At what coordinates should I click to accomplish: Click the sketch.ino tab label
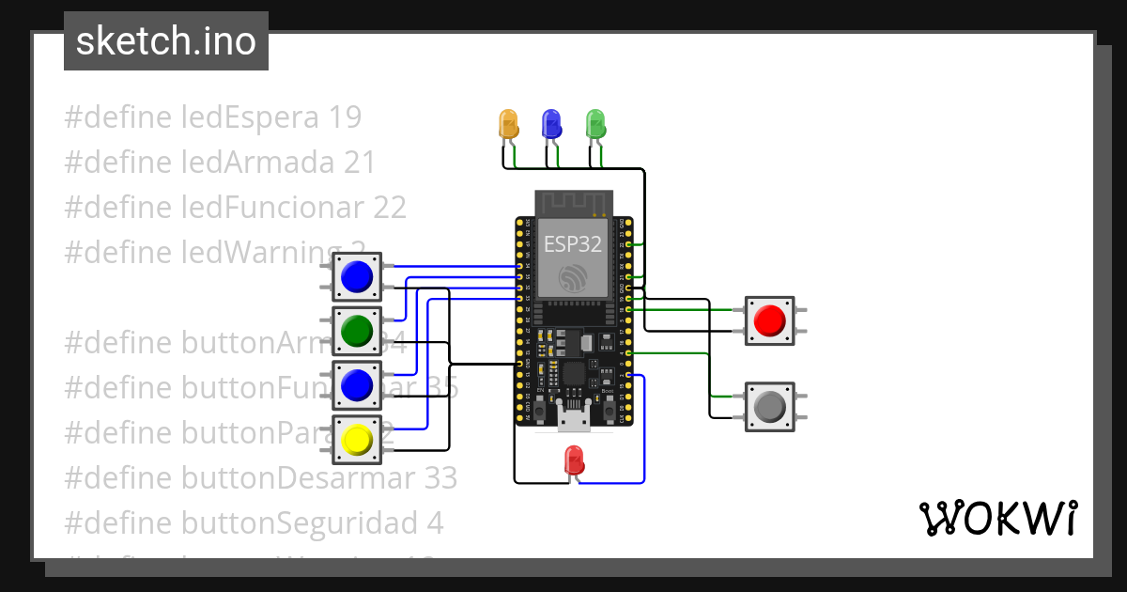click(x=166, y=41)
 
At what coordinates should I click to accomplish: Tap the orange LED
click(x=508, y=124)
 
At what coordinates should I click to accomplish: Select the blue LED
click(x=552, y=124)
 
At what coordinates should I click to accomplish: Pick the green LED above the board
click(x=595, y=124)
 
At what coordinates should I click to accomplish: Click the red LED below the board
click(x=574, y=460)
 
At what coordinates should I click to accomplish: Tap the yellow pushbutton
click(x=357, y=439)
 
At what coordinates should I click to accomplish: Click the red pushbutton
click(x=770, y=320)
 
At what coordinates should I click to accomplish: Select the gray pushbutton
click(x=770, y=406)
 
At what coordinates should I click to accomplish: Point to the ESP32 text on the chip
click(x=573, y=244)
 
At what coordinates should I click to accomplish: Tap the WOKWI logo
click(x=997, y=518)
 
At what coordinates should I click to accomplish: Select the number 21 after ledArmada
click(x=359, y=162)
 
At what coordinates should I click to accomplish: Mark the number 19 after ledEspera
click(x=345, y=117)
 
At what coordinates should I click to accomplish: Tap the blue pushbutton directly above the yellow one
click(x=357, y=384)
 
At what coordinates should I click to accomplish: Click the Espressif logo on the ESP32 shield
click(x=573, y=279)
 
